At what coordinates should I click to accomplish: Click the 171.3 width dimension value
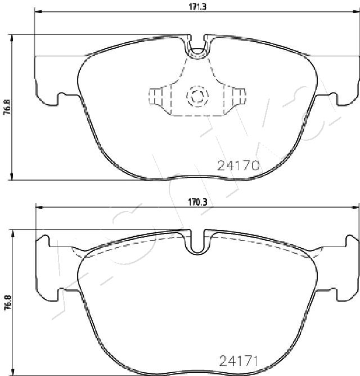pyautogui.click(x=197, y=7)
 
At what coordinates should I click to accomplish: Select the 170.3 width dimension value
pyautogui.click(x=197, y=203)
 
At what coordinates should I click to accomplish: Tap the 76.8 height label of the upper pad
pyautogui.click(x=8, y=107)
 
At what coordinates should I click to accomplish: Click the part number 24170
pyautogui.click(x=238, y=165)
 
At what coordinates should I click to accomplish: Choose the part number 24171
pyautogui.click(x=238, y=361)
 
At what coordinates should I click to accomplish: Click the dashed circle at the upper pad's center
pyautogui.click(x=197, y=96)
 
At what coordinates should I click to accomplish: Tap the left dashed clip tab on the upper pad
pyautogui.click(x=155, y=96)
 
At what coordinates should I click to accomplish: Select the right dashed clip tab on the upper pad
pyautogui.click(x=240, y=96)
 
